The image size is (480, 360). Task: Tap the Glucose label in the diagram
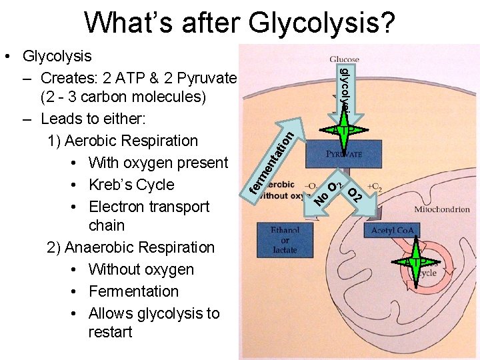[x=344, y=59]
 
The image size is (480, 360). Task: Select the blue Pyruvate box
[x=344, y=153]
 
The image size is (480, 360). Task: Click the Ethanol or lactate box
[x=285, y=240]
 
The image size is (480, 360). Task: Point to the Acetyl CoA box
[x=391, y=230]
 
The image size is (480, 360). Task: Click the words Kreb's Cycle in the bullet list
[x=131, y=185]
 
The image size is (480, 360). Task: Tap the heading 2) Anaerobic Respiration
[x=131, y=247]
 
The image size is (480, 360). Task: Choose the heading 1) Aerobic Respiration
[x=123, y=141]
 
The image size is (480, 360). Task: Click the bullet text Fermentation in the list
[x=133, y=291]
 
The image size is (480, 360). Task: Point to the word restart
[x=110, y=332]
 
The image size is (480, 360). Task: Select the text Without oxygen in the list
[x=141, y=269]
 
